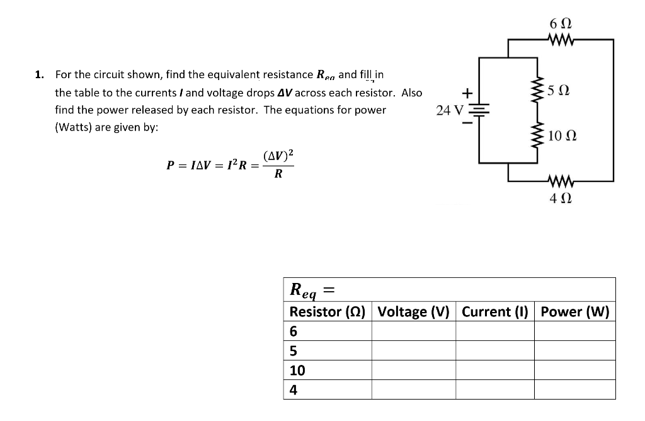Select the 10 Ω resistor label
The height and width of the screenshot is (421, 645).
coord(562,136)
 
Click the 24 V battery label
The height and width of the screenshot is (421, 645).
coord(450,110)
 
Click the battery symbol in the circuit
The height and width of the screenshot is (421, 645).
coord(481,111)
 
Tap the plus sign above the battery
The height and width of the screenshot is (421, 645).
coord(467,93)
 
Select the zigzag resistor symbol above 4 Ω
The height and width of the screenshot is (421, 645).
coord(561,182)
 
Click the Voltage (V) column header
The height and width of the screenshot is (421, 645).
coord(413,312)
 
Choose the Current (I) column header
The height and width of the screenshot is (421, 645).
coord(494,312)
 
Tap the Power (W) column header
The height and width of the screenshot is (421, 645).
coord(574,312)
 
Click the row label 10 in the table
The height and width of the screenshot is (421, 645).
coord(297,371)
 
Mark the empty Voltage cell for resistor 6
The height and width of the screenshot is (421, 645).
coord(413,332)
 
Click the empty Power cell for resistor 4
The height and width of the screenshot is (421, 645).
coord(574,389)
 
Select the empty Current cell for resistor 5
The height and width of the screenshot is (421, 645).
coord(494,351)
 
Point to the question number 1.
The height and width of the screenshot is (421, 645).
coord(39,75)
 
